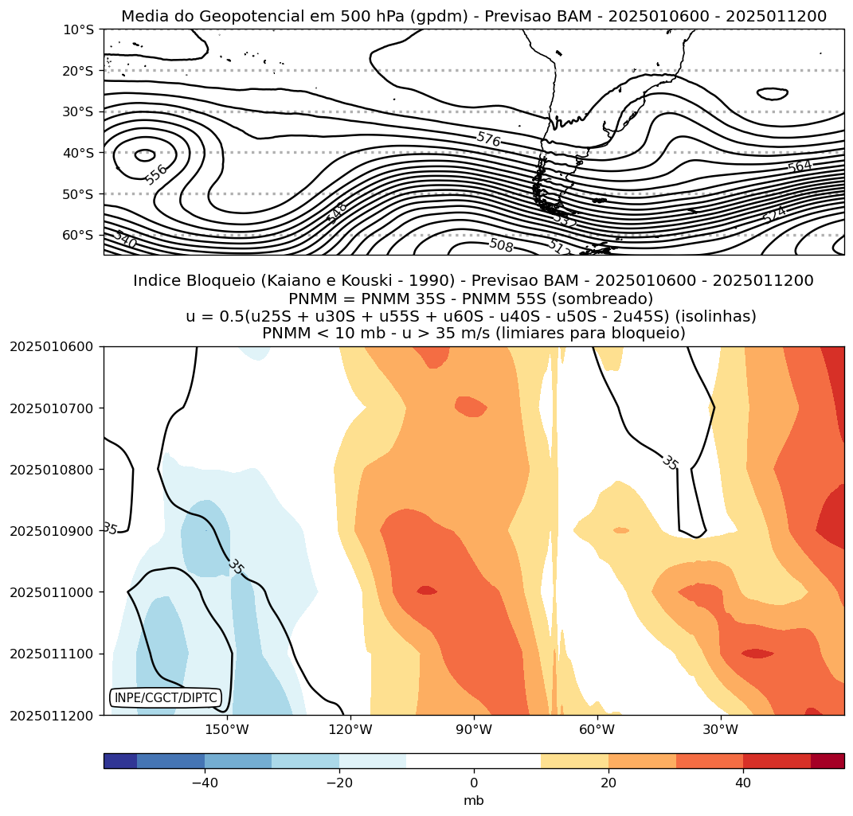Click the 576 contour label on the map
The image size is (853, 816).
[488, 139]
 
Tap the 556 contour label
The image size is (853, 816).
[157, 174]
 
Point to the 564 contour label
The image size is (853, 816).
[799, 166]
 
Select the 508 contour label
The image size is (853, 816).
[501, 244]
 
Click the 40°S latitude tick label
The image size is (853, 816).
[78, 153]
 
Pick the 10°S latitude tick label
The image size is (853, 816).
[78, 29]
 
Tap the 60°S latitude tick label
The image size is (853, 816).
[78, 235]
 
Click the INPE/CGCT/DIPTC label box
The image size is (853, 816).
[165, 698]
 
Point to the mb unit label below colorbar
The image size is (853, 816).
[474, 800]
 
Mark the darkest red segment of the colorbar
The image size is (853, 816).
[828, 761]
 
